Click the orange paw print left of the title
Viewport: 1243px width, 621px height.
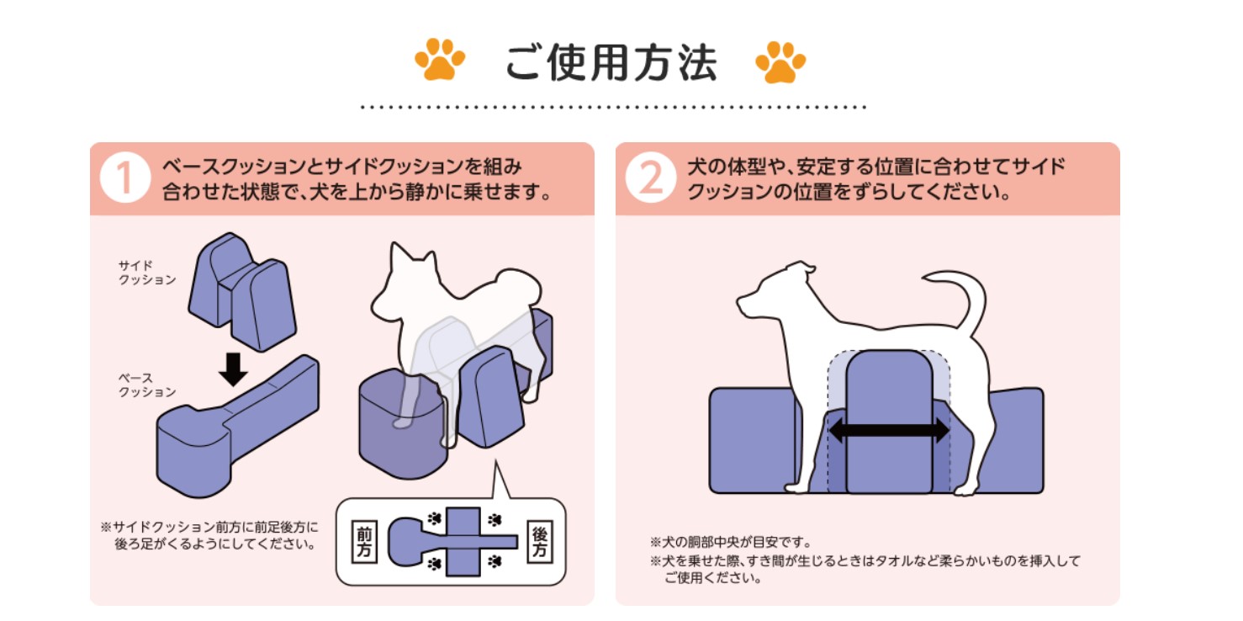coord(440,60)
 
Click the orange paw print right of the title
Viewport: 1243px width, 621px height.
coord(780,61)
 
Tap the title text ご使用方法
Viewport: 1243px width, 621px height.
coord(611,62)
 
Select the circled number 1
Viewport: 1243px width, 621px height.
coord(124,178)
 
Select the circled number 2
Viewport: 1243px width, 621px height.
coord(650,178)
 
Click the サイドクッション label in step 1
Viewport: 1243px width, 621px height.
coord(147,272)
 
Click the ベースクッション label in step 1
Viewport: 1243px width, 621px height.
coord(147,385)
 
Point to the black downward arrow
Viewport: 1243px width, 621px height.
coord(233,369)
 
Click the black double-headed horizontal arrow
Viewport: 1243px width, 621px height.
coord(889,430)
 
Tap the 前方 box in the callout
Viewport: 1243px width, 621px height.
coord(364,542)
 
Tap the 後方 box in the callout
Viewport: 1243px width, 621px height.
coord(539,542)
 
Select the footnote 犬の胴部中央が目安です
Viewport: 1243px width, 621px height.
coord(732,542)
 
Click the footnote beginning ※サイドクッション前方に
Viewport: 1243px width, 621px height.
coord(209,535)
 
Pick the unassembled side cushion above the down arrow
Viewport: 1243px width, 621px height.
coord(242,292)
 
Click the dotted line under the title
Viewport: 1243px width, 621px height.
coord(613,107)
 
